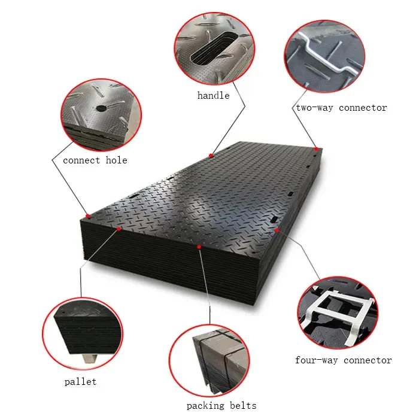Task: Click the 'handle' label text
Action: click(x=214, y=95)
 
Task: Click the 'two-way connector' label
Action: click(x=341, y=108)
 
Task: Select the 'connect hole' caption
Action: click(x=95, y=160)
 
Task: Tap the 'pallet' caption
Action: click(x=80, y=381)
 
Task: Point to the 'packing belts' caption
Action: click(x=221, y=405)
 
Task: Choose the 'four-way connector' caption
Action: click(x=344, y=360)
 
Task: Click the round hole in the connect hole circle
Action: click(x=100, y=108)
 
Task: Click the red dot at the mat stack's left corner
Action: click(x=87, y=216)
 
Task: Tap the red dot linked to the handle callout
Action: click(x=211, y=156)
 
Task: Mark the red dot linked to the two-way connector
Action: click(x=315, y=148)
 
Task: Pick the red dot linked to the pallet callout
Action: click(x=119, y=229)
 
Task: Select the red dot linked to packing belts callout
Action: click(x=199, y=246)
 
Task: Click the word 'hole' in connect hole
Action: click(x=116, y=160)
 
